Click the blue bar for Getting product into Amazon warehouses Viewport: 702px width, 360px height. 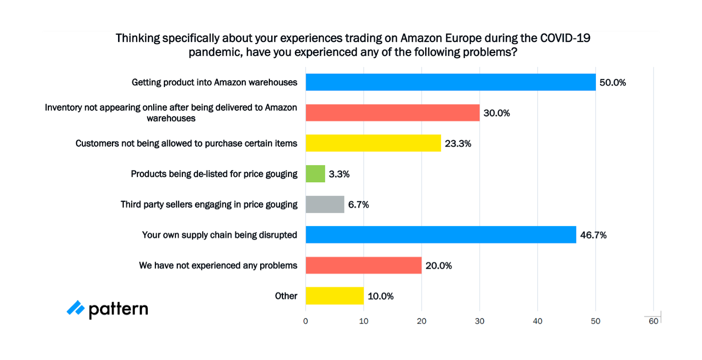[451, 82]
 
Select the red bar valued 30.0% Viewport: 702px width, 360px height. [393, 113]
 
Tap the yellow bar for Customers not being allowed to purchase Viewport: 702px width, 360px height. [373, 143]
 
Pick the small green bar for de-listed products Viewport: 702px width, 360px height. [315, 174]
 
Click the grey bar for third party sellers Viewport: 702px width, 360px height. [325, 205]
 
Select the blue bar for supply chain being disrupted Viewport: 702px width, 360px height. [441, 235]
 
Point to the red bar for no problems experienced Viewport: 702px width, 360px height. [364, 266]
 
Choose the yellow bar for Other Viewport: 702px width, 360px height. [335, 296]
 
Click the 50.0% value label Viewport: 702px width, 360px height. [612, 83]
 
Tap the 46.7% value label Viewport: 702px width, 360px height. [593, 235]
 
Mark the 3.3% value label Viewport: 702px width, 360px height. [339, 174]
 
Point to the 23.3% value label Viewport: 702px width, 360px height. [458, 144]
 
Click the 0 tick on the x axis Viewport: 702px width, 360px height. [306, 321]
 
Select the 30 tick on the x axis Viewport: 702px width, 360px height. [480, 321]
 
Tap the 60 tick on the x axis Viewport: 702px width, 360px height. [653, 321]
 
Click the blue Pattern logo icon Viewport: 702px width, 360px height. [75, 308]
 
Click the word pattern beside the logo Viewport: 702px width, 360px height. [118, 310]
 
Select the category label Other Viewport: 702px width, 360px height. [286, 296]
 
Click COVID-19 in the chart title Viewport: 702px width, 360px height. [565, 38]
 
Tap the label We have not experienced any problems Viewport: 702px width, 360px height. [218, 266]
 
